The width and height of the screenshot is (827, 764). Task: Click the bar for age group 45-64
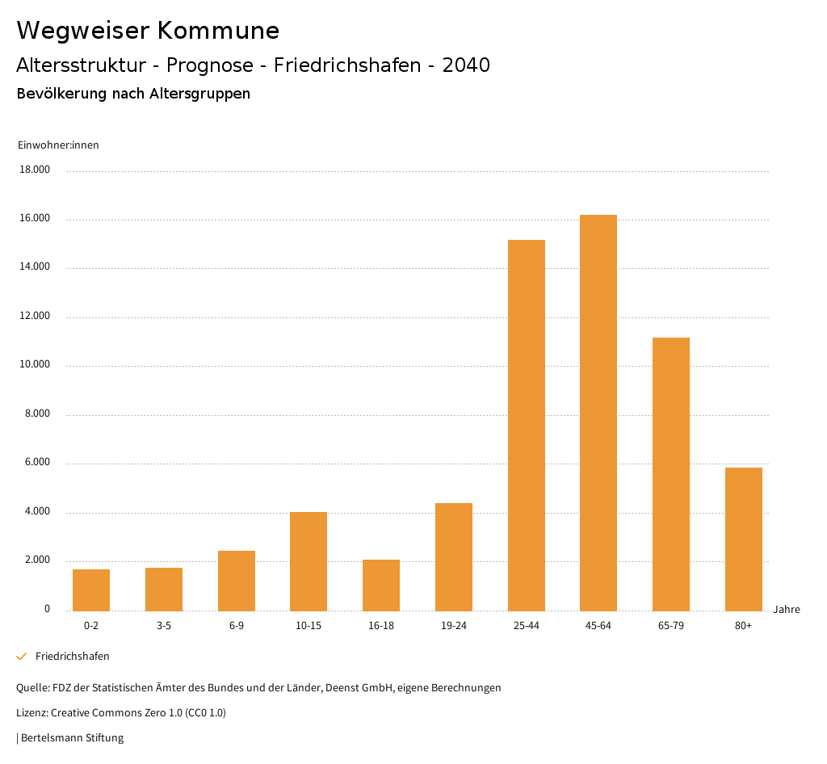coord(598,413)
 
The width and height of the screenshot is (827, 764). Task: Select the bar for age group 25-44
coord(526,425)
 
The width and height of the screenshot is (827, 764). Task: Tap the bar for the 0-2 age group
coord(91,590)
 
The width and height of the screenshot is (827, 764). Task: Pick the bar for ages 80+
coord(743,539)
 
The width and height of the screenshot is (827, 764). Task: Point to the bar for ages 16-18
coord(381,585)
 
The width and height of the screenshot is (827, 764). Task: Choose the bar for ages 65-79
coord(671,474)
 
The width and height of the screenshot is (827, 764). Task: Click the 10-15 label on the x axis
coord(309,626)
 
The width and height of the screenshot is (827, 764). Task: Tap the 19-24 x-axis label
coord(454,626)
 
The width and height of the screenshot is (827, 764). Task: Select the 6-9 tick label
coord(237,626)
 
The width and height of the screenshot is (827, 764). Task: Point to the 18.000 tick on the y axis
coord(36,170)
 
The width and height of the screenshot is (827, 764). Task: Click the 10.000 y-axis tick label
coord(36,365)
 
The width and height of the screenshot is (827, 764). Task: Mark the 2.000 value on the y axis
coord(36,560)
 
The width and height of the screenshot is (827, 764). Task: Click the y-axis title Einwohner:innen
coord(58,145)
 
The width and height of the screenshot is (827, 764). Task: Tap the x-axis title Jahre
coord(787,610)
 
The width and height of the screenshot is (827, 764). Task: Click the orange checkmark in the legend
coord(22,657)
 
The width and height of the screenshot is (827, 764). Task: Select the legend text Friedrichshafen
coord(73,657)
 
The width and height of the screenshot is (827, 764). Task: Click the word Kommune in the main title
coord(218,31)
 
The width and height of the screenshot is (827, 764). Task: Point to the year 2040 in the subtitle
coord(466,65)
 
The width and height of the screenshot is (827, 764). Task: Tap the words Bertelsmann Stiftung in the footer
coord(72,738)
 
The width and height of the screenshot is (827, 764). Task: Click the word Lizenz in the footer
coord(31,713)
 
